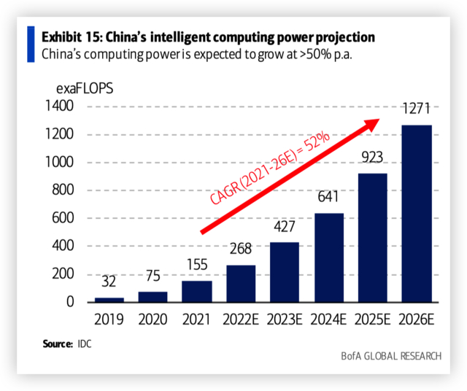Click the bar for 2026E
[x=417, y=213]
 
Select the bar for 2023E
[x=285, y=271]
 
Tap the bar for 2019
[x=109, y=299]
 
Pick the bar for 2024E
[x=329, y=257]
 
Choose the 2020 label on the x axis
[x=153, y=320]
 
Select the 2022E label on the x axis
[x=241, y=320]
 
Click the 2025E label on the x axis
[x=373, y=320]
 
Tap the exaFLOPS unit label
[x=85, y=89]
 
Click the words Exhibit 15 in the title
[x=74, y=37]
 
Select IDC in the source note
[x=85, y=343]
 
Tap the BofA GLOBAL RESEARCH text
[x=390, y=356]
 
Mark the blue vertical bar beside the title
[x=31, y=44]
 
